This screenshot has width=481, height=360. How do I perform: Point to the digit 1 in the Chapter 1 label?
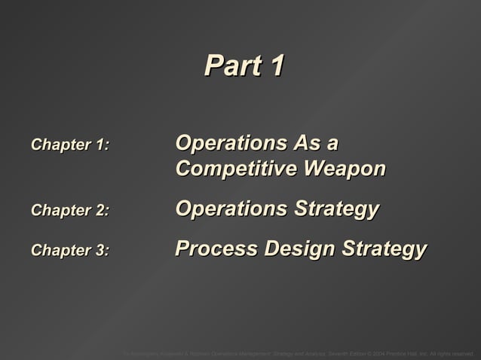point(99,144)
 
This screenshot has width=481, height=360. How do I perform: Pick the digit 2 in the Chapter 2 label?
point(100,210)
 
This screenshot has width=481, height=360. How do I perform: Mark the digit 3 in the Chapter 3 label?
point(100,251)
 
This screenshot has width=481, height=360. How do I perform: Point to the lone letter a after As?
point(332,144)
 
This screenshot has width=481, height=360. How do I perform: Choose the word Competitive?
point(234,169)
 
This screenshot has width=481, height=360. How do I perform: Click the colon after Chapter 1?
point(107,145)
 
